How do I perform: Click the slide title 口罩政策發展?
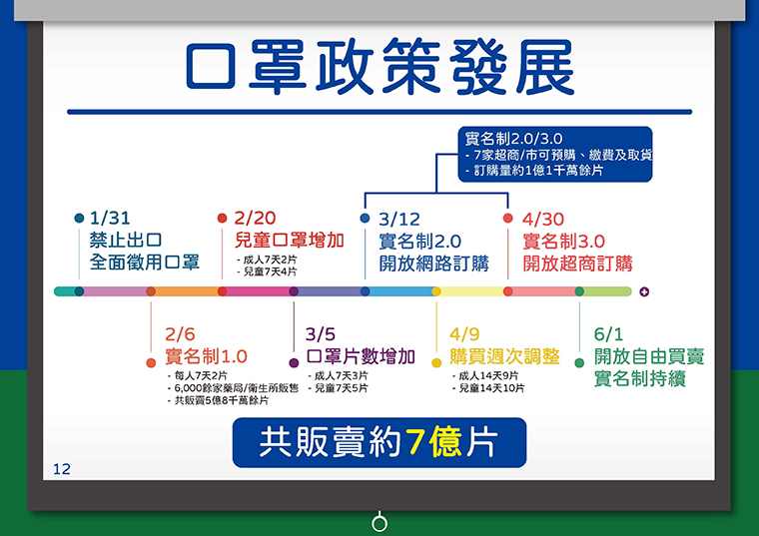click(379, 66)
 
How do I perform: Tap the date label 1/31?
click(110, 219)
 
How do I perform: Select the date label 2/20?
click(255, 219)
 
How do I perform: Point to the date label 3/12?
click(399, 220)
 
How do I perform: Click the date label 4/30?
click(543, 220)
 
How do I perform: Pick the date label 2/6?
click(180, 334)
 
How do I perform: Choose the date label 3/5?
click(321, 334)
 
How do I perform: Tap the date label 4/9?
click(464, 334)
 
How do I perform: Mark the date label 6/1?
click(608, 334)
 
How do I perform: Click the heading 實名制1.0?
click(206, 356)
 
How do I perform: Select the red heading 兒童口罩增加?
click(289, 241)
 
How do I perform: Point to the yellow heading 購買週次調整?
click(505, 356)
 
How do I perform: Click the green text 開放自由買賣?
click(649, 356)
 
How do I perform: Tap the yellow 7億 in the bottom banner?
click(433, 441)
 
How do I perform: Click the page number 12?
click(62, 469)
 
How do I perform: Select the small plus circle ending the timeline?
click(644, 291)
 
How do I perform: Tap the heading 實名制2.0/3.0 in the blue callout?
click(513, 139)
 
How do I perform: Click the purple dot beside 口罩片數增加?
click(294, 362)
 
